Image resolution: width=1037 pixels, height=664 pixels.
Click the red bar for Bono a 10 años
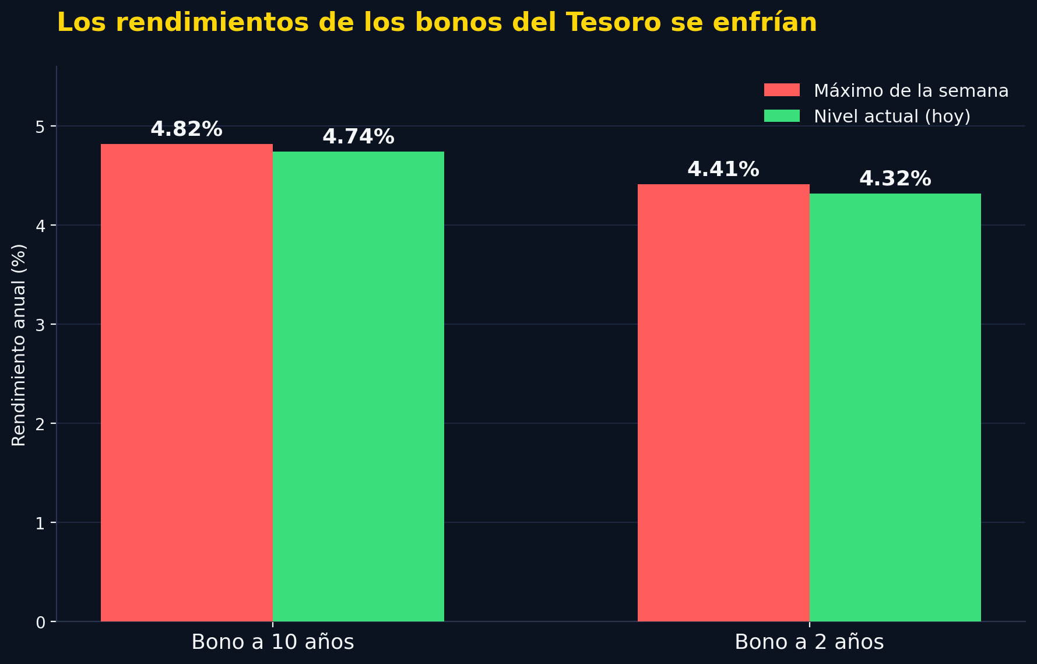187,382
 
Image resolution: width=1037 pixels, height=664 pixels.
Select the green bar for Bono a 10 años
358,387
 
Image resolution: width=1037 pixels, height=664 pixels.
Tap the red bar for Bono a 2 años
723,403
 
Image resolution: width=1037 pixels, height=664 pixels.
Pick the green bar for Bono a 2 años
895,407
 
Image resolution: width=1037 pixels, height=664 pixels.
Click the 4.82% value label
187,129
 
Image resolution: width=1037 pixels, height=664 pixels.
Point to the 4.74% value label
358,137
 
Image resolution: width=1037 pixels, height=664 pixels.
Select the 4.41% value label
723,170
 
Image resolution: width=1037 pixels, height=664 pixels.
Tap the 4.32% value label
895,179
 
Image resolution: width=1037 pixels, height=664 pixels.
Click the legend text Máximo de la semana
911,90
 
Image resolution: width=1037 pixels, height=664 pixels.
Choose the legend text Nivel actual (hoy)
892,116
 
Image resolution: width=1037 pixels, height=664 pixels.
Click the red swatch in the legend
782,90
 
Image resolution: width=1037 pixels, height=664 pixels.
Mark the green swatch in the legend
782,115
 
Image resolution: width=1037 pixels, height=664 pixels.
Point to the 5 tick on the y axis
40,127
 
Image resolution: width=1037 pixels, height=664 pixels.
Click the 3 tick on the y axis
40,325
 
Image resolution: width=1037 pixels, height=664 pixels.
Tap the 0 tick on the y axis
40,622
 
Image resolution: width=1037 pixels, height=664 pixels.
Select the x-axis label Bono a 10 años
273,642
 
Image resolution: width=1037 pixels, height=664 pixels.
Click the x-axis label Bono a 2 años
809,642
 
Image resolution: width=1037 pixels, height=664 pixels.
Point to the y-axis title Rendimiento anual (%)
19,345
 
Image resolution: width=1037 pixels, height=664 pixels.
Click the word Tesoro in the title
614,23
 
